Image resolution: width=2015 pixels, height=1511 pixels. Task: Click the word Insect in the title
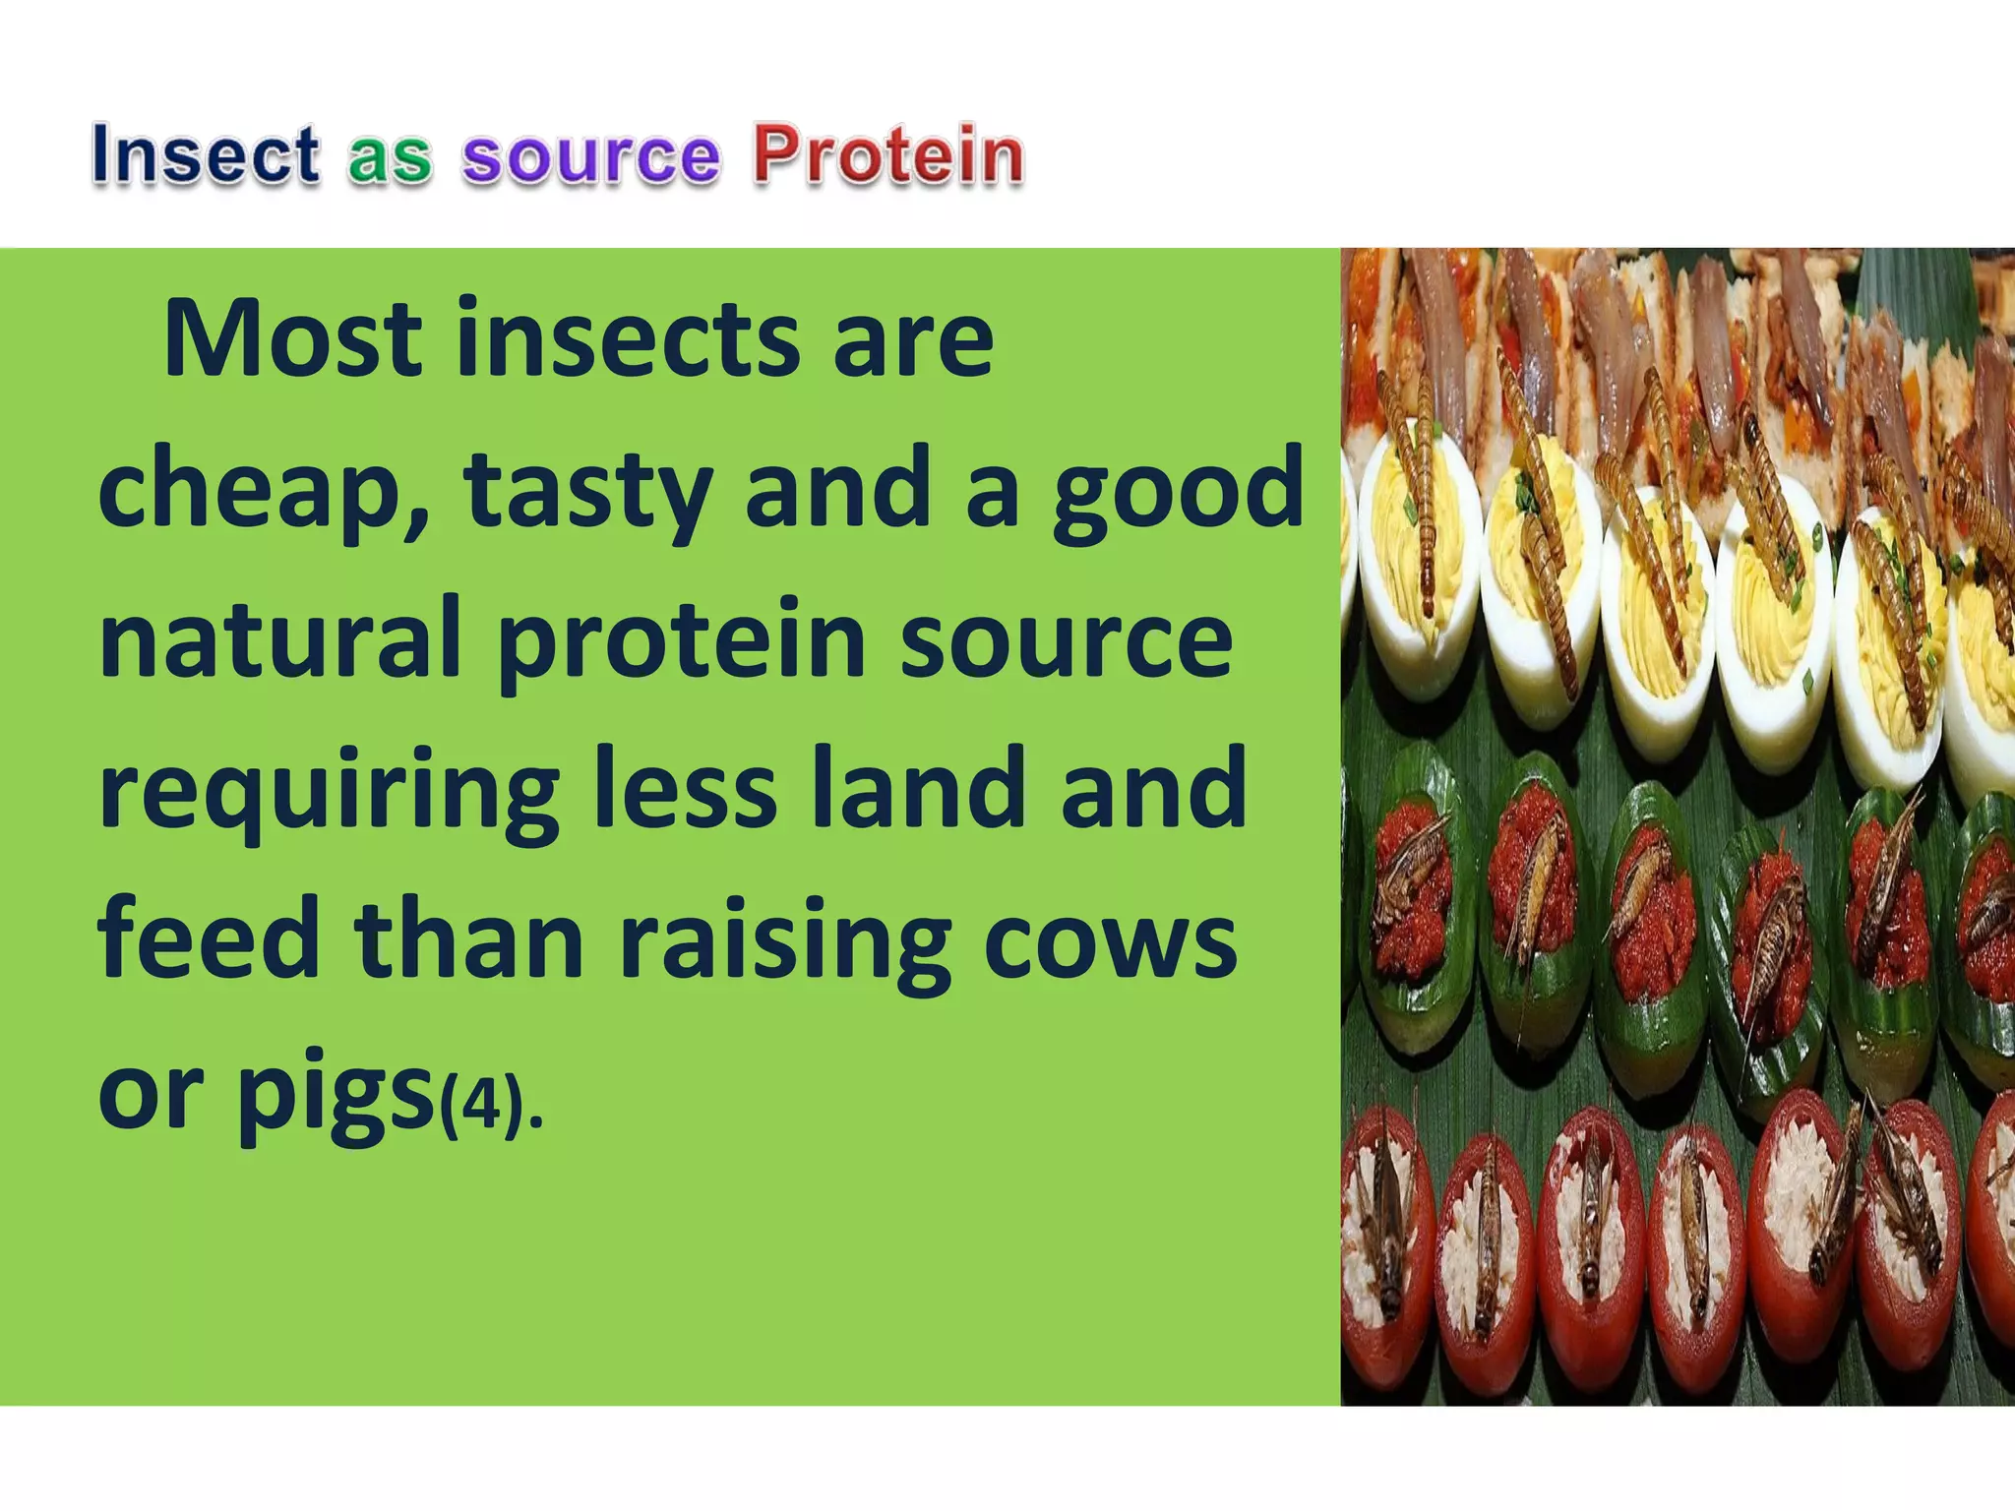click(206, 155)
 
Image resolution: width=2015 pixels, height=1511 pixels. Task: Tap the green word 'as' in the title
click(390, 157)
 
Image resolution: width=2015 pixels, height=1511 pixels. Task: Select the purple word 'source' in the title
click(591, 157)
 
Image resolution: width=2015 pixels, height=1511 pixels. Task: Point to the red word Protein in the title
click(888, 155)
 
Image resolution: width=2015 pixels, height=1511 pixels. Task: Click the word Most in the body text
click(293, 339)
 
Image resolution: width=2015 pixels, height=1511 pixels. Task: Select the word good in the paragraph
click(1178, 490)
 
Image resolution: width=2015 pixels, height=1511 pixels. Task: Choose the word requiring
click(329, 792)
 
